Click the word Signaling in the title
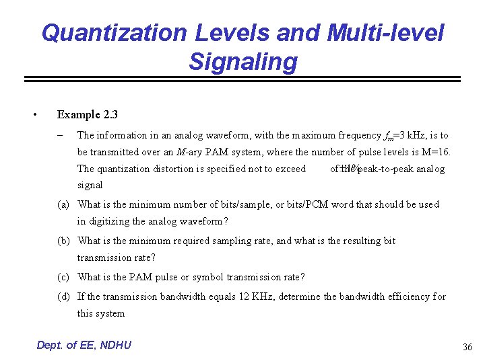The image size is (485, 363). coord(243,62)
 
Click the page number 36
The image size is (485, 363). coord(467,347)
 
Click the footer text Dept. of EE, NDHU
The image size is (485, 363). coord(84,345)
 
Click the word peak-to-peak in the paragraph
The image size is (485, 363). coord(383,169)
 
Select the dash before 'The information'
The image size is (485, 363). coord(61,135)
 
